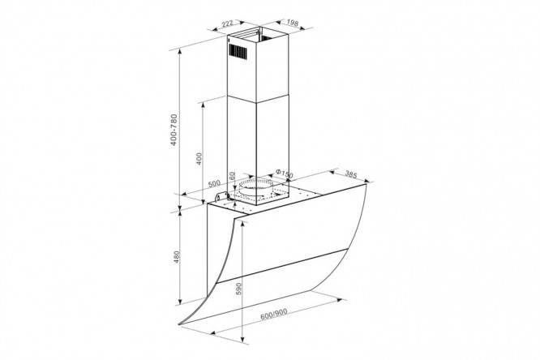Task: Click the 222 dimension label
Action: [227, 24]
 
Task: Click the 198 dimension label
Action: [292, 23]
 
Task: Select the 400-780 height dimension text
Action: [174, 130]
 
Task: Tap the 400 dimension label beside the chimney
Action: [199, 158]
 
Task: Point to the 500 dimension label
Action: [214, 183]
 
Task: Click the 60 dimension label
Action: [232, 175]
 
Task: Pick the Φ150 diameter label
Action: [285, 174]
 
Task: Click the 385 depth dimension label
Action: [350, 175]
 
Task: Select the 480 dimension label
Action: [176, 257]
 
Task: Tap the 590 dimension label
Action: [239, 289]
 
